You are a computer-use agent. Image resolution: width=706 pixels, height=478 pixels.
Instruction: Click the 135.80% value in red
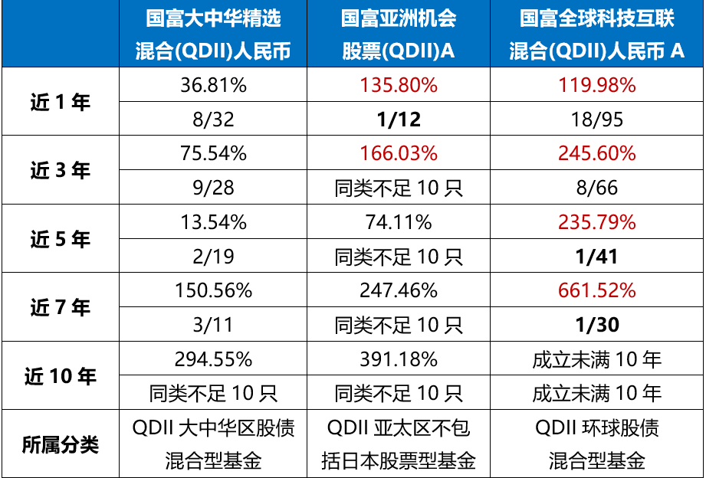tap(399, 85)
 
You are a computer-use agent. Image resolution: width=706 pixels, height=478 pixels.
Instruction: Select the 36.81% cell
tap(213, 85)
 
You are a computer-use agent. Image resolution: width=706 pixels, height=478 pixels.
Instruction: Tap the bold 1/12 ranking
tap(399, 120)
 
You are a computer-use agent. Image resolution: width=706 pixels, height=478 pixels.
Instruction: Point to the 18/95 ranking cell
tap(596, 120)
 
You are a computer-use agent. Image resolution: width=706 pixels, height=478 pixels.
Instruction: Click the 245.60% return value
tap(596, 153)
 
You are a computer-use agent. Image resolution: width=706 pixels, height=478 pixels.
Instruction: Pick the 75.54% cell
tap(213, 153)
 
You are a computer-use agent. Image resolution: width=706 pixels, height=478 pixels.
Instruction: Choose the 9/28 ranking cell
tap(213, 188)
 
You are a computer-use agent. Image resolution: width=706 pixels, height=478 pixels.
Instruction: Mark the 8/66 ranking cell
tap(596, 188)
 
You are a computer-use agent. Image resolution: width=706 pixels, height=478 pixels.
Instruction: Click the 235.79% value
tap(596, 222)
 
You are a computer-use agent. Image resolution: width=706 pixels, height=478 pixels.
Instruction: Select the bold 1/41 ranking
tap(596, 257)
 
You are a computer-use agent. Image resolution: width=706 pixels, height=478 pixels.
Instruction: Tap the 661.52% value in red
tap(596, 291)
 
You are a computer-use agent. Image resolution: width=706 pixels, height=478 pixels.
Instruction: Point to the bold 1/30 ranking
tap(596, 325)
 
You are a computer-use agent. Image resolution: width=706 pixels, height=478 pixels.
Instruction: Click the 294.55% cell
tap(213, 359)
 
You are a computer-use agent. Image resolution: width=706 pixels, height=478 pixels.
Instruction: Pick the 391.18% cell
tap(399, 359)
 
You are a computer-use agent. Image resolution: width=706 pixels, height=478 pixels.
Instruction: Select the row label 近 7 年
tap(61, 308)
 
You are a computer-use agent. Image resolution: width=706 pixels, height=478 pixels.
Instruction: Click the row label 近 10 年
tap(61, 376)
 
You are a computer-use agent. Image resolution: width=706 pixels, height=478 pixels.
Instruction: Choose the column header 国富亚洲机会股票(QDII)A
tap(399, 34)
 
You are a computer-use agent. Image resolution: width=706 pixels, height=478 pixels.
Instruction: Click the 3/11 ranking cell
tap(213, 325)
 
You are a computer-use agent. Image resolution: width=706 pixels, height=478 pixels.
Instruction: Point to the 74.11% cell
tap(399, 222)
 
